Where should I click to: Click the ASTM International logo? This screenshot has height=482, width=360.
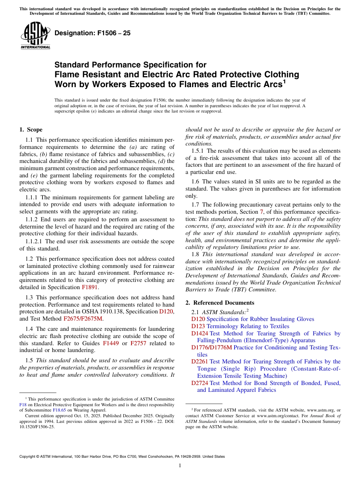[35, 36]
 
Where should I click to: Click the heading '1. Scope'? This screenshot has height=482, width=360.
[31, 130]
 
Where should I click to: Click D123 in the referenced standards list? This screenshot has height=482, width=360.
[198, 326]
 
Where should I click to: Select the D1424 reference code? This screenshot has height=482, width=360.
[200, 333]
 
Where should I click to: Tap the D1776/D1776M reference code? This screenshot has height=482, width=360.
[211, 347]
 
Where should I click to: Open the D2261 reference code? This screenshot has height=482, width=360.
[200, 361]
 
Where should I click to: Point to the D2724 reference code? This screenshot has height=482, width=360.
[200, 383]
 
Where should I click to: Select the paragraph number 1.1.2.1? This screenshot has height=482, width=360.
[34, 241]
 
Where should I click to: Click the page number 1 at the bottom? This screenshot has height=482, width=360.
[180, 466]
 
